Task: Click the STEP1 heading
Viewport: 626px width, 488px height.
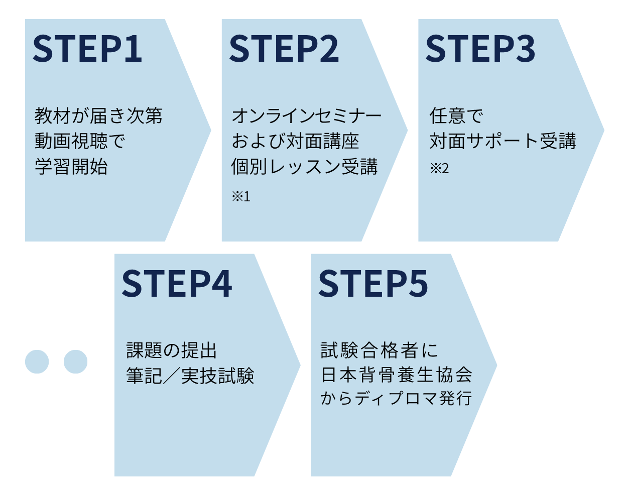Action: (87, 49)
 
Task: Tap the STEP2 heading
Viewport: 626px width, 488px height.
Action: (284, 49)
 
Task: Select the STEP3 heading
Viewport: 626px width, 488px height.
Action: (480, 49)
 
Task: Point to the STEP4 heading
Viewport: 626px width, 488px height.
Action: (177, 284)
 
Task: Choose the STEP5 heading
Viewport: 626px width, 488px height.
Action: (373, 284)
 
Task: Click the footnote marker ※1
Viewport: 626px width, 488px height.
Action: (241, 196)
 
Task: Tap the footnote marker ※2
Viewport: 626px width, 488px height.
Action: (439, 168)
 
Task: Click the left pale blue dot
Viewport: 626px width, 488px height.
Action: (37, 361)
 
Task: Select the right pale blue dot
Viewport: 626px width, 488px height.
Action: (76, 361)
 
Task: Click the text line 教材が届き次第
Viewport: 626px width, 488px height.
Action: (98, 116)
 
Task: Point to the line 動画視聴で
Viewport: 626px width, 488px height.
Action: (80, 141)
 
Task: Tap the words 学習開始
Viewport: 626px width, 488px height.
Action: (71, 167)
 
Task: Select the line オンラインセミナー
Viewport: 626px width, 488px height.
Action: (307, 116)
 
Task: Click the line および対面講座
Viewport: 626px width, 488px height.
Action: (295, 141)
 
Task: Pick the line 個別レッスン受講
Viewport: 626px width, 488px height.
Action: (304, 167)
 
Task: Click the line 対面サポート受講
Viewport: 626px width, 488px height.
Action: (503, 141)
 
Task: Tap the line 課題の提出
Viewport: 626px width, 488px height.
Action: (172, 350)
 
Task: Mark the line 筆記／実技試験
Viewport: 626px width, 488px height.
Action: (190, 376)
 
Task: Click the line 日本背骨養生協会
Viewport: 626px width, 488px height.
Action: (397, 375)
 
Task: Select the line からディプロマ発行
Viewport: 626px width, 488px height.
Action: (397, 399)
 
